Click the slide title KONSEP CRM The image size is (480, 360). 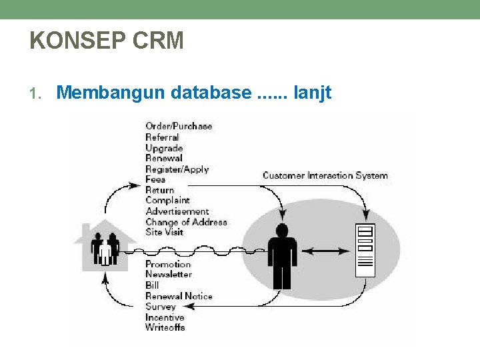pyautogui.click(x=107, y=41)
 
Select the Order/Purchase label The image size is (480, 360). pyautogui.click(x=179, y=126)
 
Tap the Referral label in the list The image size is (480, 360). pyautogui.click(x=162, y=137)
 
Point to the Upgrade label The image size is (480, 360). pyautogui.click(x=164, y=147)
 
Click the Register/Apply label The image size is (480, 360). pyautogui.click(x=177, y=169)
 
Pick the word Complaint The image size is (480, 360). pyautogui.click(x=167, y=200)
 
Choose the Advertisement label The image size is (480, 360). pyautogui.click(x=177, y=211)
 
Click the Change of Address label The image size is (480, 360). pyautogui.click(x=186, y=221)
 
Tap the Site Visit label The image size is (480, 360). pyautogui.click(x=164, y=232)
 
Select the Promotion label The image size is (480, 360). pyautogui.click(x=168, y=264)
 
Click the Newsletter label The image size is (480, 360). pyautogui.click(x=169, y=274)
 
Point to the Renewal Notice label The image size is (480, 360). pyautogui.click(x=179, y=295)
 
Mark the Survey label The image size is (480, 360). pyautogui.click(x=160, y=306)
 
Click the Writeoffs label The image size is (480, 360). pyautogui.click(x=165, y=327)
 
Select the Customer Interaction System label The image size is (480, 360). pyautogui.click(x=325, y=175)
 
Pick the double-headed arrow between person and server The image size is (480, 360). pyautogui.click(x=325, y=251)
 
